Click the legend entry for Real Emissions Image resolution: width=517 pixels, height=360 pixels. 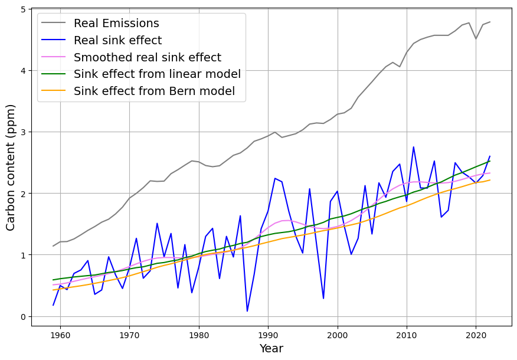[x=116, y=24]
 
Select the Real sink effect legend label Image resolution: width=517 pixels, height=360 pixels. [x=117, y=41]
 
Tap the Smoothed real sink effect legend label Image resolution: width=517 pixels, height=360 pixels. [x=147, y=58]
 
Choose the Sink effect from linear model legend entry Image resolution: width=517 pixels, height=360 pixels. [x=157, y=74]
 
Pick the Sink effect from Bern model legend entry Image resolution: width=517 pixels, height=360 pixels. [x=154, y=91]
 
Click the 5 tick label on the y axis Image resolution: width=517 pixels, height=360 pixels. [x=22, y=9]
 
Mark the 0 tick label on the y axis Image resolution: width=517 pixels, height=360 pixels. [x=22, y=317]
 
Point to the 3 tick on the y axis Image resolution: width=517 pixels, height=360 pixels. [x=22, y=132]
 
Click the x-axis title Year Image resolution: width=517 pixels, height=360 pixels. [x=271, y=349]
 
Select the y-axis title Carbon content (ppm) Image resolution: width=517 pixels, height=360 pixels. [x=11, y=167]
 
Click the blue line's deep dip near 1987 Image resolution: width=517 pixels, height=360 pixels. [x=247, y=311]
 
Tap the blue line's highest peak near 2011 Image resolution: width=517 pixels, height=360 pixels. [x=413, y=147]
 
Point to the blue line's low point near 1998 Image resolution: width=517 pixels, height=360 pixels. [x=323, y=298]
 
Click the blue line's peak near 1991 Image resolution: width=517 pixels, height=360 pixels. [x=275, y=178]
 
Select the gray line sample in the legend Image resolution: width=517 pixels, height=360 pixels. [x=54, y=24]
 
